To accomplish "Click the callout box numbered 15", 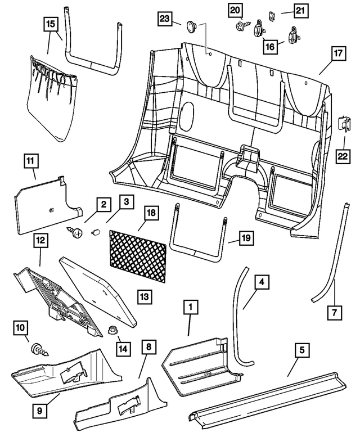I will coord(51,24).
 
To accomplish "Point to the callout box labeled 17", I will coord(337,55).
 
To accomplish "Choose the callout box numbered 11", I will coord(30,161).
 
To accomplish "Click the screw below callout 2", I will coord(74,230).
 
